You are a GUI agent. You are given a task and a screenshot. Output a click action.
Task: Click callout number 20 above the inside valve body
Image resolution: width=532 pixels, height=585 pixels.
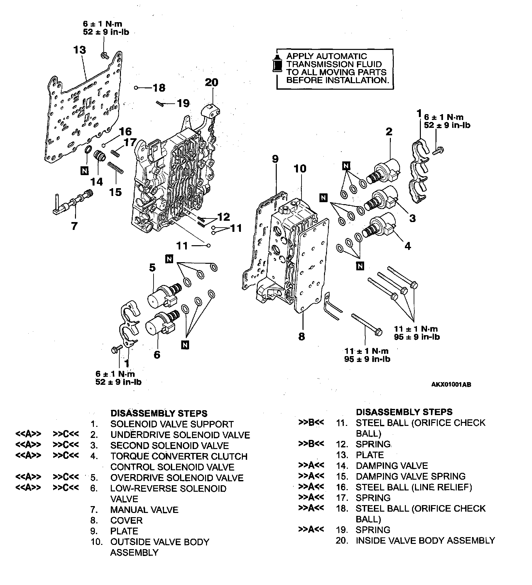click(x=211, y=82)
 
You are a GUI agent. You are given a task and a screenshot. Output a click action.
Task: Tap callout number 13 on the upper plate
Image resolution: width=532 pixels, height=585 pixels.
click(x=80, y=50)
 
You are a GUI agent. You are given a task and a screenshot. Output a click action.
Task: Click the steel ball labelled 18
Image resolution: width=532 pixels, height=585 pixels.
click(x=136, y=88)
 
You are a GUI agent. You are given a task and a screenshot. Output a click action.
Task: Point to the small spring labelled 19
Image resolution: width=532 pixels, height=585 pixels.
click(x=159, y=103)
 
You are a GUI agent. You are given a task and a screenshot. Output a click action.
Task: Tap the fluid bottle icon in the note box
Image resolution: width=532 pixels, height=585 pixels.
click(x=278, y=64)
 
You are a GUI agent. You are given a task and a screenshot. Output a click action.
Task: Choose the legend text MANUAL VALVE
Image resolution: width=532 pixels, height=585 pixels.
click(x=144, y=510)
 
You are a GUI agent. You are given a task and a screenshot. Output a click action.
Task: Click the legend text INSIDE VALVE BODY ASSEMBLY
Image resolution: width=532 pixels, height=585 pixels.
click(x=425, y=541)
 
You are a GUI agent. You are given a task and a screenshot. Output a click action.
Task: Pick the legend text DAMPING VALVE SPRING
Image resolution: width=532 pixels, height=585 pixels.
click(x=410, y=476)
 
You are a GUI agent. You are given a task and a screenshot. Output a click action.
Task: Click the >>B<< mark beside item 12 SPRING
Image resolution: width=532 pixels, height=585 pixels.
click(x=311, y=444)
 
